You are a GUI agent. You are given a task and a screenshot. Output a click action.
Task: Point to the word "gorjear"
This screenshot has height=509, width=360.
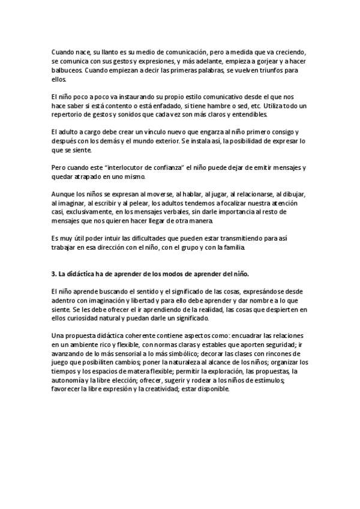point(253,61)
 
